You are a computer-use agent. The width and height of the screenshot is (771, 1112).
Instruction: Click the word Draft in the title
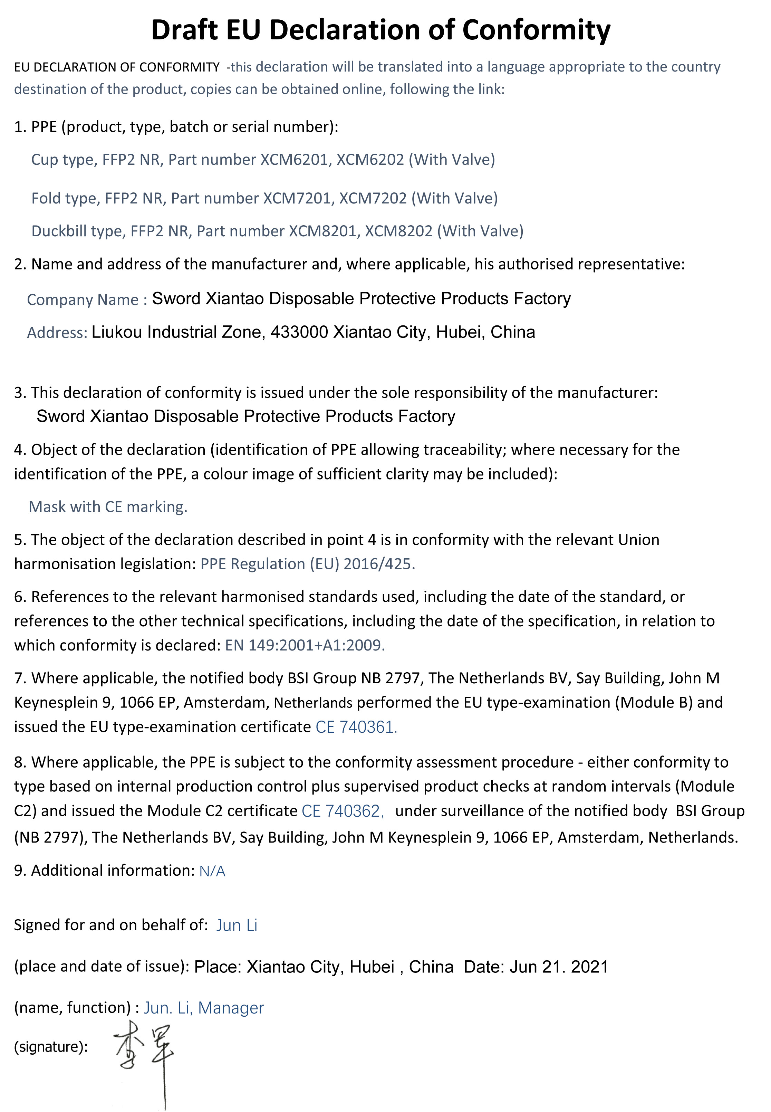184,30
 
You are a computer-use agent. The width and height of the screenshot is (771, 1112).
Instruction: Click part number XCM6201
295,160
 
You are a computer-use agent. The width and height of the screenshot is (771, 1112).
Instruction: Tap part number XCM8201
323,231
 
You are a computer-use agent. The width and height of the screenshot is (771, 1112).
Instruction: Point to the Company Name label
86,300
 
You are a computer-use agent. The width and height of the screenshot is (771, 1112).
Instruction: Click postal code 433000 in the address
299,332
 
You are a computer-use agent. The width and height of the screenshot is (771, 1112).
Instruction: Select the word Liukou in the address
117,332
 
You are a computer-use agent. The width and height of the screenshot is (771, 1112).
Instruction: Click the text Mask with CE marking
108,506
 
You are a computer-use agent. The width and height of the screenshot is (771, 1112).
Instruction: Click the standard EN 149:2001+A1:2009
304,645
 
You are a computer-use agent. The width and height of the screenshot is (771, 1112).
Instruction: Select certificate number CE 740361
356,727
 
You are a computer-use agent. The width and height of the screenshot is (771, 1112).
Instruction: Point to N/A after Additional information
212,871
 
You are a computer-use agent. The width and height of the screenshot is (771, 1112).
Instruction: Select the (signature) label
51,1047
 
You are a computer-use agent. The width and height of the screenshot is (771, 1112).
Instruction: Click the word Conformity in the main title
536,30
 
